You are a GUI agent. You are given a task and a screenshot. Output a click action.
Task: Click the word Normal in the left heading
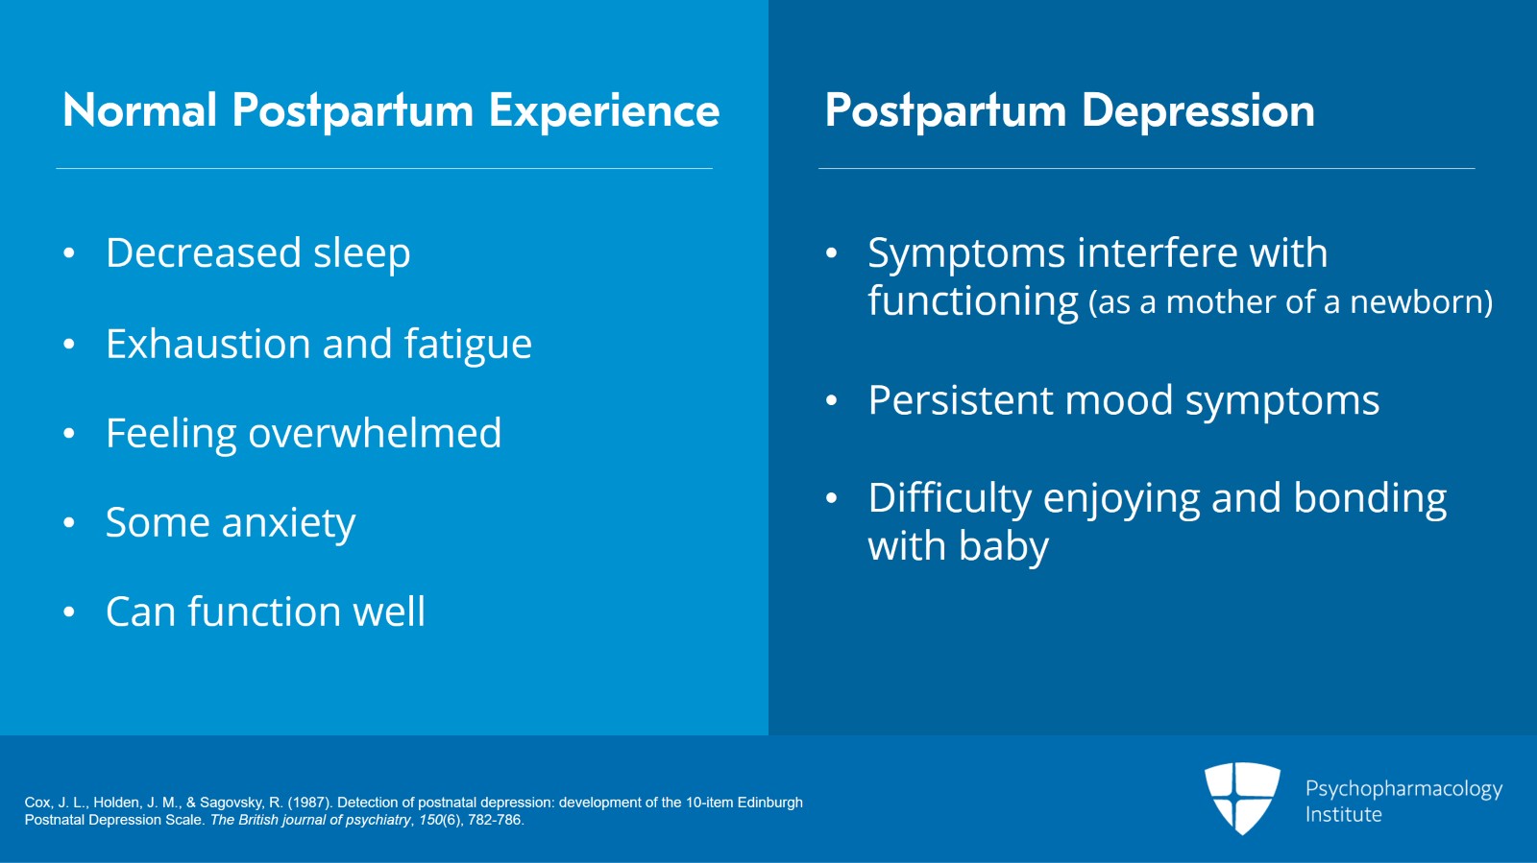pyautogui.click(x=140, y=111)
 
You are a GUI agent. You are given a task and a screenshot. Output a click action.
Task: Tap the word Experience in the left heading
pyautogui.click(x=604, y=111)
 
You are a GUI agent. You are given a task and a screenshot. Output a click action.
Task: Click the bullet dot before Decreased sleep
pyautogui.click(x=69, y=253)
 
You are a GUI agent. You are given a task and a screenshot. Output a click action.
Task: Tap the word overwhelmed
pyautogui.click(x=375, y=433)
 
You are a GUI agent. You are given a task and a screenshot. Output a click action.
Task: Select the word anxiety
pyautogui.click(x=288, y=524)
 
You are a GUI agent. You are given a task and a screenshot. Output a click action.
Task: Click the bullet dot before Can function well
pyautogui.click(x=69, y=612)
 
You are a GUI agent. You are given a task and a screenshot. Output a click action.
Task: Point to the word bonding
pyautogui.click(x=1370, y=499)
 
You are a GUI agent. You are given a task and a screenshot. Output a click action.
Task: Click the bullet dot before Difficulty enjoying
pyautogui.click(x=832, y=498)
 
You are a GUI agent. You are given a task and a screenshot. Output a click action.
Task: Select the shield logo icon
pyautogui.click(x=1242, y=797)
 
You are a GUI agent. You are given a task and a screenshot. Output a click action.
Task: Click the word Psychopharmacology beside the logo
pyautogui.click(x=1403, y=789)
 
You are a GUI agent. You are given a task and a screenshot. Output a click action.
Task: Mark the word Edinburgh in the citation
pyautogui.click(x=769, y=803)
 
